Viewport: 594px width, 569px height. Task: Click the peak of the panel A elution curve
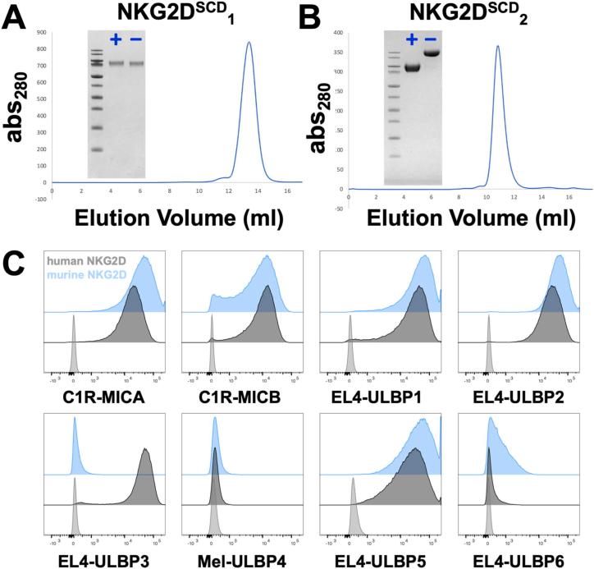point(249,43)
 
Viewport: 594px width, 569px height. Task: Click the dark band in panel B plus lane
point(412,68)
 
